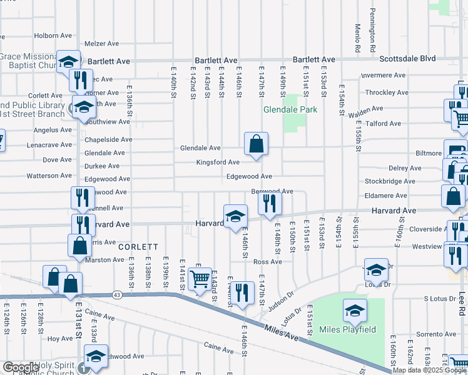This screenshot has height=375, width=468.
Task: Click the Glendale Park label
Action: (290, 109)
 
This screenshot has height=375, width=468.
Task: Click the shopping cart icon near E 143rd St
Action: (200, 279)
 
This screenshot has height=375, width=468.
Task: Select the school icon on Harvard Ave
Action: (235, 216)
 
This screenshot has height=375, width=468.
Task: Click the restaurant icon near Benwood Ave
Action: (270, 202)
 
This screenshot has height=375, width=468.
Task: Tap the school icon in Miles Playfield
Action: (355, 310)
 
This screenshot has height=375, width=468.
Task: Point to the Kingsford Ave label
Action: (218, 162)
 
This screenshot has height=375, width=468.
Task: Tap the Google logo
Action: (20, 367)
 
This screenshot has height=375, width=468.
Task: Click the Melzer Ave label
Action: (101, 44)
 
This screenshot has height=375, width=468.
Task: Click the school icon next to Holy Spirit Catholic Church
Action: (96, 356)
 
